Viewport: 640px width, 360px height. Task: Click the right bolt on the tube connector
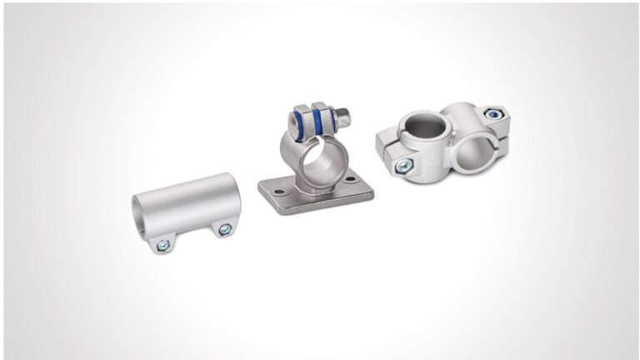pyautogui.click(x=223, y=229)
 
